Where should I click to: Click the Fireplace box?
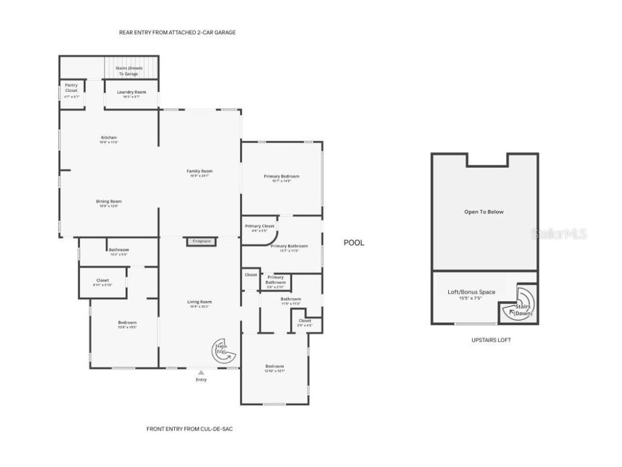coord(201,241)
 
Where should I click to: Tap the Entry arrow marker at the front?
coord(201,372)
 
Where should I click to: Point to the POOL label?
coord(354,243)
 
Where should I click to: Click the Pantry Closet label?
coord(71,88)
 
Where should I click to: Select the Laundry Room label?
coord(131,92)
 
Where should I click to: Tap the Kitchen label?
coord(109,138)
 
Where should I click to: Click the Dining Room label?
coord(109,202)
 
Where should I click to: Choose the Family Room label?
coord(199,171)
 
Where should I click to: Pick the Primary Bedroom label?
coord(281,177)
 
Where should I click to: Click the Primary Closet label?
coord(259,226)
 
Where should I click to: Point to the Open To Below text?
coord(484,212)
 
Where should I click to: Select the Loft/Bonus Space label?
coord(471,292)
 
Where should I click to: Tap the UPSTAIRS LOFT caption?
coord(491,340)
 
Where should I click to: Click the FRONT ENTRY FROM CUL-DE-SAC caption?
coord(190,429)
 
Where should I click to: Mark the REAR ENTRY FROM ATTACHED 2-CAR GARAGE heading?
coord(177,32)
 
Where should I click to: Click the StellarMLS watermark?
coord(559,233)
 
